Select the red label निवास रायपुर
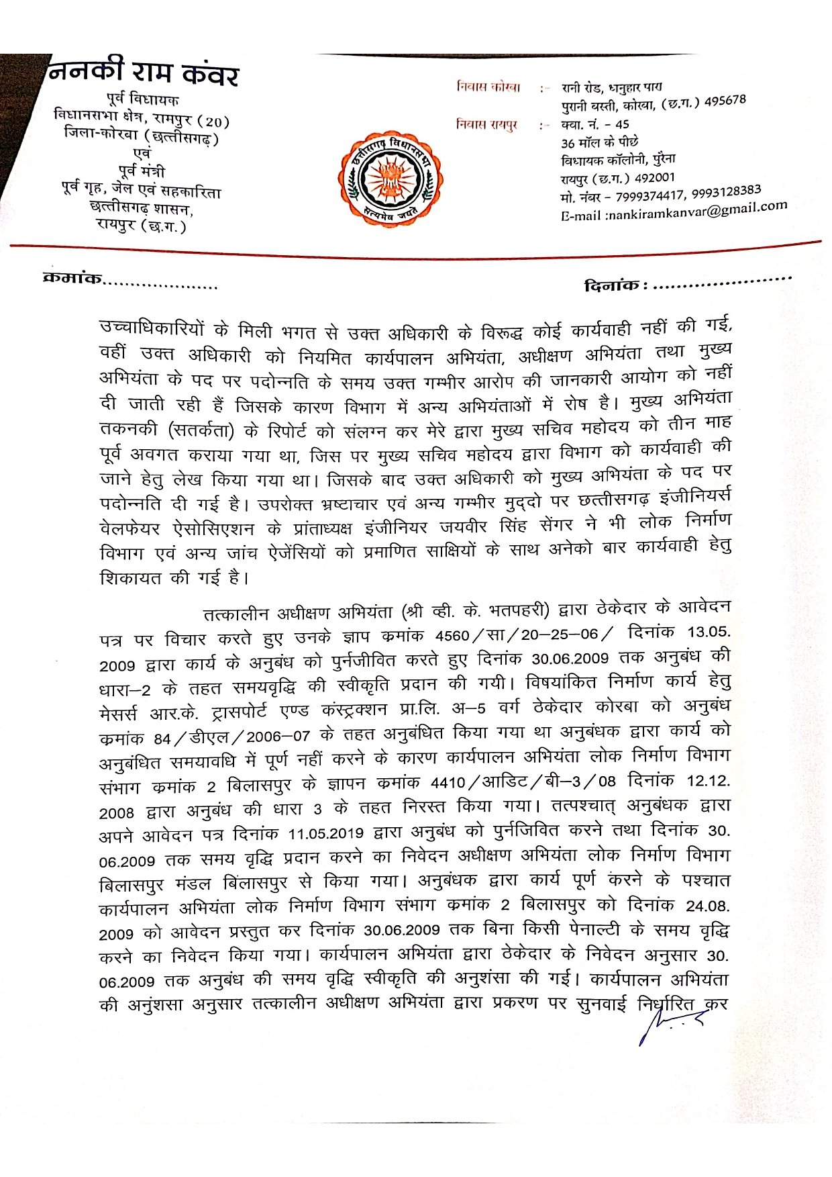(x=487, y=124)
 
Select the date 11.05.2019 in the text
(x=326, y=834)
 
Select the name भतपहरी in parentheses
(x=519, y=610)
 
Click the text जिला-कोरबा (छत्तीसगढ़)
(x=142, y=136)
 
